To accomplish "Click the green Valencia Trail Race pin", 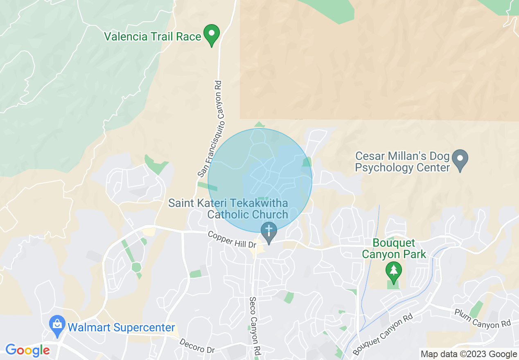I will tap(212, 34).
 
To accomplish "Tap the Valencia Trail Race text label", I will tap(153, 36).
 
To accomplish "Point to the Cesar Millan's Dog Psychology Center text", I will tap(402, 162).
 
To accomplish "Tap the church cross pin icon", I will tap(269, 232).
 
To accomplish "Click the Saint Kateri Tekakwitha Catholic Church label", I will tap(228, 209).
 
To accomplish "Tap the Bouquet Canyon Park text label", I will tap(394, 249).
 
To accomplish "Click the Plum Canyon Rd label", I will tap(483, 318).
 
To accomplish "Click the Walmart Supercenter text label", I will tap(121, 328).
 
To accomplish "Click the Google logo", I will tap(27, 351).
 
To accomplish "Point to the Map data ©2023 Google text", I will tap(469, 354).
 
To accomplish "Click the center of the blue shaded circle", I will tap(260, 180).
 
